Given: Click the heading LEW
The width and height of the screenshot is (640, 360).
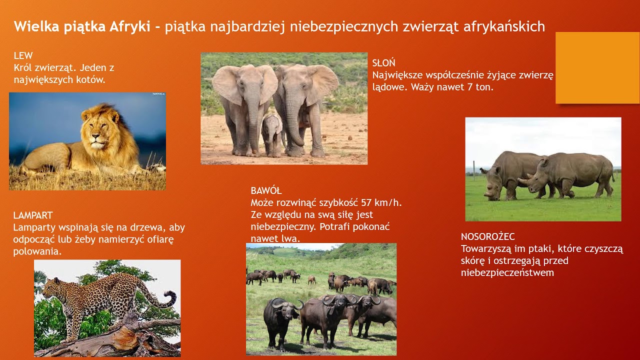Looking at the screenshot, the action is pyautogui.click(x=23, y=55).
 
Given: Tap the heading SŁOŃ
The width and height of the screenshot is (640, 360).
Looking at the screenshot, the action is pyautogui.click(x=383, y=62).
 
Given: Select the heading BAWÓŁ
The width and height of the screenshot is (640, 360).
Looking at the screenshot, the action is pyautogui.click(x=266, y=190).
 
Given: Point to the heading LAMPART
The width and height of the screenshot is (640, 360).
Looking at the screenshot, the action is pyautogui.click(x=33, y=215).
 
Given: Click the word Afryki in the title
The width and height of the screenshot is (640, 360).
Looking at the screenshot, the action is pyautogui.click(x=129, y=27).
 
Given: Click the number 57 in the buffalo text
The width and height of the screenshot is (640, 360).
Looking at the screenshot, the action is pyautogui.click(x=366, y=202).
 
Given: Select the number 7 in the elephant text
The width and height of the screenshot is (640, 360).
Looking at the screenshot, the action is pyautogui.click(x=470, y=87).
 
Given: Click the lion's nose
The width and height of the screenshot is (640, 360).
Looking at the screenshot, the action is pyautogui.click(x=96, y=136).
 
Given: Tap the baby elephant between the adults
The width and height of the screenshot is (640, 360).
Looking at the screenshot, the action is pyautogui.click(x=272, y=135).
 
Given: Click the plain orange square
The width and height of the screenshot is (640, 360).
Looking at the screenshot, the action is pyautogui.click(x=597, y=67).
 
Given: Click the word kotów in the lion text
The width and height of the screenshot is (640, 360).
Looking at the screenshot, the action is pyautogui.click(x=90, y=79).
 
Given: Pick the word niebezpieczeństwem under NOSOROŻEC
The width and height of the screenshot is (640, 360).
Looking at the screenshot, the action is pyautogui.click(x=507, y=272).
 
